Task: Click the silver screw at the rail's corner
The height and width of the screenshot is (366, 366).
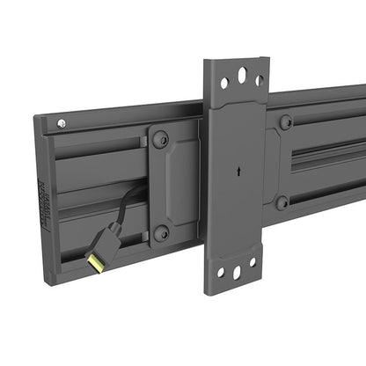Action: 60,124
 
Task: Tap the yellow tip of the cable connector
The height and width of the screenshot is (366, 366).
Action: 91,260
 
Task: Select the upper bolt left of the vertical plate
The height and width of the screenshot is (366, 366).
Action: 160,139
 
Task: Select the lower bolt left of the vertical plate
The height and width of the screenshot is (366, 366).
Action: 161,233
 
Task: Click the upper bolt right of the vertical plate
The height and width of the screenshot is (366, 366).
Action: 285,121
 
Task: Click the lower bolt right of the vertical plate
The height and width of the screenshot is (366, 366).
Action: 282,202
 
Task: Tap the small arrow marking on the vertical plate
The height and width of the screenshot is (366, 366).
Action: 237,173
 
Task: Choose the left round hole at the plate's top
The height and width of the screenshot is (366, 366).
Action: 224,83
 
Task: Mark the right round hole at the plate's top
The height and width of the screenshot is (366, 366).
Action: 259,80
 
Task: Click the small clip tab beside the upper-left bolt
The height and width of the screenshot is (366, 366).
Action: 142,143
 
